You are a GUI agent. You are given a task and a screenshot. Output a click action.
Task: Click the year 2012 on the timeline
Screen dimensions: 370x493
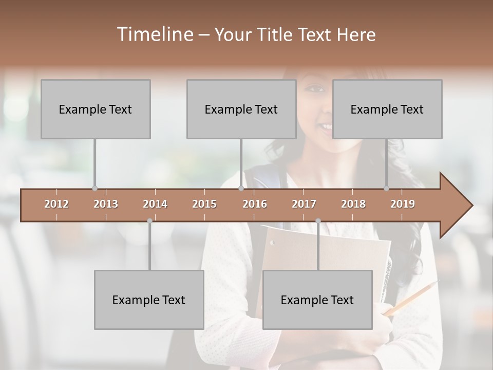pyautogui.click(x=56, y=204)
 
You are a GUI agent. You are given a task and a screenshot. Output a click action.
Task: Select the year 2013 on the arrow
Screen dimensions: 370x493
pyautogui.click(x=106, y=204)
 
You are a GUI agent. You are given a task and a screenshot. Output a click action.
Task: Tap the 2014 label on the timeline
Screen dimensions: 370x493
pyautogui.click(x=155, y=204)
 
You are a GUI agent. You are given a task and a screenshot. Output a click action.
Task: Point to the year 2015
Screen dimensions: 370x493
pyautogui.click(x=204, y=204)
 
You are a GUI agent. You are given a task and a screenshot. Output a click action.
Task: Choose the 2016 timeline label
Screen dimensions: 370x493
pyautogui.click(x=255, y=204)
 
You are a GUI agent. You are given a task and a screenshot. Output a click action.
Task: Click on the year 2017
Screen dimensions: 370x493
pyautogui.click(x=304, y=204)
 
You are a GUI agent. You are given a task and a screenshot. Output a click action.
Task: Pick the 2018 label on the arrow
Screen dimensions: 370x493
pyautogui.click(x=353, y=204)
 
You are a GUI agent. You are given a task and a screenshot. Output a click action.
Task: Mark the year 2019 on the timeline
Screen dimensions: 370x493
pyautogui.click(x=403, y=204)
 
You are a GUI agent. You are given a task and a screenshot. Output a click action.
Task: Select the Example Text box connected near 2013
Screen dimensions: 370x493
pyautogui.click(x=96, y=109)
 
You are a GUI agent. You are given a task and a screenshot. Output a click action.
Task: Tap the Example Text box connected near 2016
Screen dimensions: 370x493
pyautogui.click(x=241, y=109)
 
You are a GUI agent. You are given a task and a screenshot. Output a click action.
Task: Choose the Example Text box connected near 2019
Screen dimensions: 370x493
pyautogui.click(x=387, y=109)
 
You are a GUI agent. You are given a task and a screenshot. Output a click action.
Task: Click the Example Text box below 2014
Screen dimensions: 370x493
pyautogui.click(x=149, y=300)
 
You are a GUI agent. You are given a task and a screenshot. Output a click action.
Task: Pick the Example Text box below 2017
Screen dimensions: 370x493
pyautogui.click(x=317, y=300)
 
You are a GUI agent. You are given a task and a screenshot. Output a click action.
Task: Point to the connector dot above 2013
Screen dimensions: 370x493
pyautogui.click(x=94, y=188)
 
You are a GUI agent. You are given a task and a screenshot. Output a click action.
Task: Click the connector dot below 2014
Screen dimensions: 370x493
pyautogui.click(x=149, y=221)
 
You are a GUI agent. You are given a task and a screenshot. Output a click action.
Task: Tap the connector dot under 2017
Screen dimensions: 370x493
pyautogui.click(x=318, y=221)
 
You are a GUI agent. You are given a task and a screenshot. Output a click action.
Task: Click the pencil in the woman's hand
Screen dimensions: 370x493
pyautogui.click(x=411, y=298)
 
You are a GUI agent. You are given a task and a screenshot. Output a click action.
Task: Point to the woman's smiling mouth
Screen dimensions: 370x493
pyautogui.click(x=325, y=126)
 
